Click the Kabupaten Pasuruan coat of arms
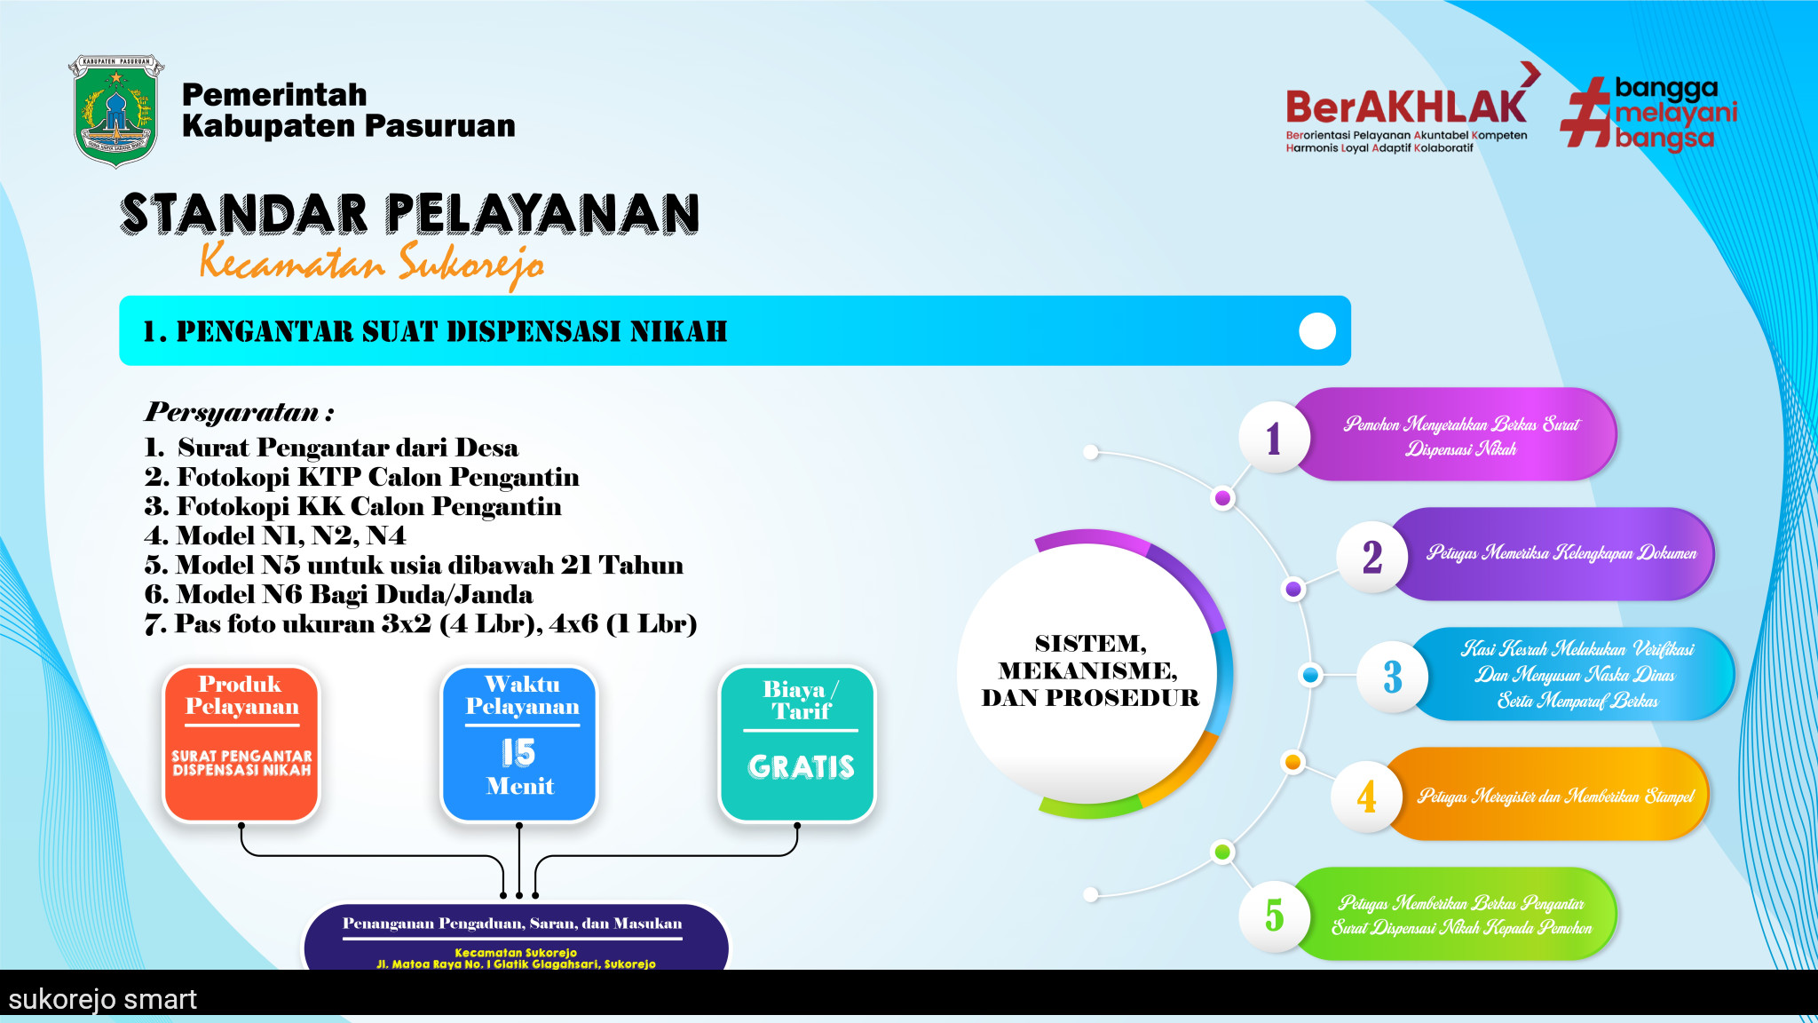coord(115,110)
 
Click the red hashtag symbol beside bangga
coord(1585,112)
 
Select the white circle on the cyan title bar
coord(1317,331)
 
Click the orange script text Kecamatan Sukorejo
coord(372,265)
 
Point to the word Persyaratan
coord(233,412)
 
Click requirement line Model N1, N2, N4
coord(275,535)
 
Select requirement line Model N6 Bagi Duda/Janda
coord(339,594)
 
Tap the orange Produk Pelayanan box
coord(241,744)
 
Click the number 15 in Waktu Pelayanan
coord(518,752)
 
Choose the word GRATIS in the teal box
coord(801,766)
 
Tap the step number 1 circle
coord(1275,437)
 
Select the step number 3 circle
coord(1392,677)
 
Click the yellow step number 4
coord(1367,796)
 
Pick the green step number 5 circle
coord(1275,916)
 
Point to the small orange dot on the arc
coord(1293,762)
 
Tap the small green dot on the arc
coord(1222,852)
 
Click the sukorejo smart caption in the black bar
coord(103,999)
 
